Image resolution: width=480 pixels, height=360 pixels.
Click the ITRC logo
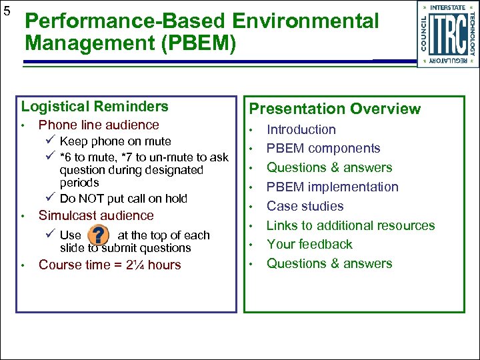[x=448, y=34]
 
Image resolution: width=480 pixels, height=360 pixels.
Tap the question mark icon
[x=99, y=235]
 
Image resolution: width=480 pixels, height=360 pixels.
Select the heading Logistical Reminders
[x=95, y=107]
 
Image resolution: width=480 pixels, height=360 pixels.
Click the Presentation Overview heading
[x=335, y=109]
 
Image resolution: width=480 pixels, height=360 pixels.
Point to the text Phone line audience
[x=99, y=125]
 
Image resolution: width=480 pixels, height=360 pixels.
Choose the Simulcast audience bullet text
[x=96, y=216]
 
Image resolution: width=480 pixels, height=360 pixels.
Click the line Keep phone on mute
[x=115, y=141]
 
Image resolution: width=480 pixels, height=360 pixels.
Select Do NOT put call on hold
[x=123, y=199]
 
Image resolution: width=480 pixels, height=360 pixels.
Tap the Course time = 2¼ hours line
[x=110, y=265]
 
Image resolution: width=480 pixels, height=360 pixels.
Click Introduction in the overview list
[x=301, y=130]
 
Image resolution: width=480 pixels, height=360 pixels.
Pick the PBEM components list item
[x=323, y=149]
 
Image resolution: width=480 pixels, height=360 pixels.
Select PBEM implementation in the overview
[x=332, y=187]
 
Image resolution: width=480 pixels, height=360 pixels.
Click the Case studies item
[x=305, y=207]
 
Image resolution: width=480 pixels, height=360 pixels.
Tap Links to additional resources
[x=351, y=225]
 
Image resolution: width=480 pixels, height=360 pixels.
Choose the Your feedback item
[x=309, y=245]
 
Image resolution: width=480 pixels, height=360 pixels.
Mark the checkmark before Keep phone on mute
[x=51, y=141]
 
